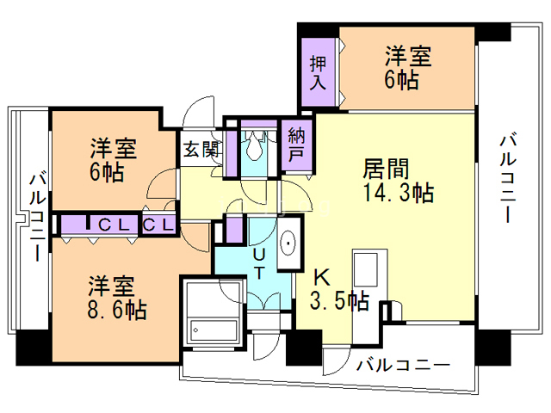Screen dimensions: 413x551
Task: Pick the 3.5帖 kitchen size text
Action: click(x=338, y=301)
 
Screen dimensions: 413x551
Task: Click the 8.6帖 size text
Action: click(x=115, y=307)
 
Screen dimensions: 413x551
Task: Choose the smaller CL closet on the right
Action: click(x=158, y=225)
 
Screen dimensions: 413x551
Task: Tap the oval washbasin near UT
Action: click(x=289, y=243)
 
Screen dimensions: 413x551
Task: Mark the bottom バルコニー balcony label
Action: click(x=403, y=365)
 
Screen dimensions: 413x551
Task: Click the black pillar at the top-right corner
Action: click(x=492, y=32)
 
